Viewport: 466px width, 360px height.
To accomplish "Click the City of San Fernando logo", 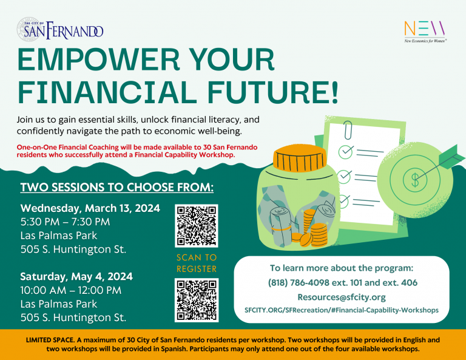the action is pyautogui.click(x=60, y=29).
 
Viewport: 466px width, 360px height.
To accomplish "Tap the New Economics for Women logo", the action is pyautogui.click(x=425, y=32).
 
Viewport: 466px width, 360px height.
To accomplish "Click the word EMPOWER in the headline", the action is pyautogui.click(x=98, y=59).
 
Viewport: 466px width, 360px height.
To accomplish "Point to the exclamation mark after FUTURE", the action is pyautogui.click(x=335, y=92).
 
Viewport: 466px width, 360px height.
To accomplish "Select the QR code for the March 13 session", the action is pyautogui.click(x=197, y=226).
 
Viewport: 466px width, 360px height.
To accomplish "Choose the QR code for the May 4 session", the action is pyautogui.click(x=197, y=300).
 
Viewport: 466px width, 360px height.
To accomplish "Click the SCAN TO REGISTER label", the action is pyautogui.click(x=197, y=263).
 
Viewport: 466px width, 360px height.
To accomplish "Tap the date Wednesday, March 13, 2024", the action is pyautogui.click(x=90, y=208).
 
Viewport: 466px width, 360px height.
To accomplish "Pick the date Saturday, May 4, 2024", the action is pyautogui.click(x=76, y=276).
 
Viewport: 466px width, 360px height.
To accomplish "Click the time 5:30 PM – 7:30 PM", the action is pyautogui.click(x=65, y=222).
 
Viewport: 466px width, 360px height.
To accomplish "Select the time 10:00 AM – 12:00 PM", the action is pyautogui.click(x=71, y=290).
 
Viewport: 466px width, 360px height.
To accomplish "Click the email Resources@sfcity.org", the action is pyautogui.click(x=342, y=297).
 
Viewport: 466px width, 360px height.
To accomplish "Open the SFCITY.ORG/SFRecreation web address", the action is pyautogui.click(x=342, y=310).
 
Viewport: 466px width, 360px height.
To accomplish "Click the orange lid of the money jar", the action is pyautogui.click(x=300, y=158).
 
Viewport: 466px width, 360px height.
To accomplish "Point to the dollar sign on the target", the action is pyautogui.click(x=415, y=180).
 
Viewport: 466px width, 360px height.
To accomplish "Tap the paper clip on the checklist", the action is pyautogui.click(x=348, y=130).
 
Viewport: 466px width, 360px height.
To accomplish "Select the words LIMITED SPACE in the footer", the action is pyautogui.click(x=50, y=340).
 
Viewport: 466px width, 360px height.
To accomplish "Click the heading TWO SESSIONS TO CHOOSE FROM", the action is pyautogui.click(x=116, y=187).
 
